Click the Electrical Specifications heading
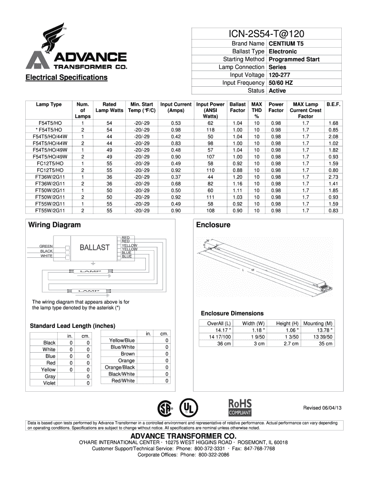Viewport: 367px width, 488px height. (67, 77)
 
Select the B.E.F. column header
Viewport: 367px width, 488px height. (333, 104)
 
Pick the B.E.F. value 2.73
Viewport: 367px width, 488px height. (333, 177)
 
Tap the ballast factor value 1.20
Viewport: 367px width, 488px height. (237, 177)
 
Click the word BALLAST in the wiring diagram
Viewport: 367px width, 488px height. (94, 247)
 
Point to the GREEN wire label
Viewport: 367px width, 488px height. (46, 246)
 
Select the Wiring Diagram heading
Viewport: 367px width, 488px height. (54, 225)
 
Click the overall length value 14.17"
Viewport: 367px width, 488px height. (223, 330)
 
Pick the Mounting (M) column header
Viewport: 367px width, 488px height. (318, 323)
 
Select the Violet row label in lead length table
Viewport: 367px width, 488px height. (49, 383)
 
